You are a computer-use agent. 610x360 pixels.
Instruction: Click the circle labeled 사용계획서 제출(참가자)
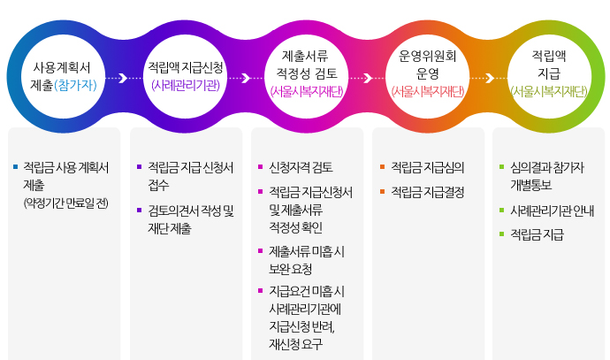click(62, 76)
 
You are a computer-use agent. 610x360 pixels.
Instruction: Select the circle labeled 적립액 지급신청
click(185, 76)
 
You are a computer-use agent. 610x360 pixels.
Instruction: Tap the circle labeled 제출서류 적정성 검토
click(306, 76)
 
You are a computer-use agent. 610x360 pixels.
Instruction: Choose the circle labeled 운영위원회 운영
click(428, 76)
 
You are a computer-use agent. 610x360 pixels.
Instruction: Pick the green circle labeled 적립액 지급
click(549, 76)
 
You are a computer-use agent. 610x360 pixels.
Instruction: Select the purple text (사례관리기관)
click(185, 86)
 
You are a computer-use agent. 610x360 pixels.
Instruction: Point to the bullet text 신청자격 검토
click(301, 167)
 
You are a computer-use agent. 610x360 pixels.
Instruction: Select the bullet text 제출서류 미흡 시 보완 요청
click(307, 259)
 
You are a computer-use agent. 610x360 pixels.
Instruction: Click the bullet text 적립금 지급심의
click(428, 167)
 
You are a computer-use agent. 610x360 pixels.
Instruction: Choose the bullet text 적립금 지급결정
click(428, 191)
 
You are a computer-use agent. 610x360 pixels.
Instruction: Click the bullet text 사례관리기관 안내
click(553, 211)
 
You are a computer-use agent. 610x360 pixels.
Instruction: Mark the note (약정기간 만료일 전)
click(65, 203)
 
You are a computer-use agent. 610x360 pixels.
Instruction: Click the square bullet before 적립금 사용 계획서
click(15, 166)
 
